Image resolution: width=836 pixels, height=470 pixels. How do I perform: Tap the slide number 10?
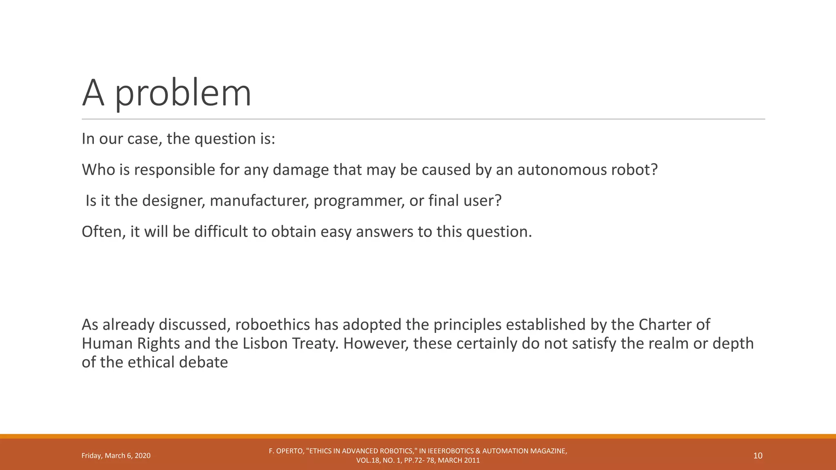[758, 456]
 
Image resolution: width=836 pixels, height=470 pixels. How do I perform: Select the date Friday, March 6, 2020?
[116, 456]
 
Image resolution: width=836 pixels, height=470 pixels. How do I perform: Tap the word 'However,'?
[376, 344]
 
